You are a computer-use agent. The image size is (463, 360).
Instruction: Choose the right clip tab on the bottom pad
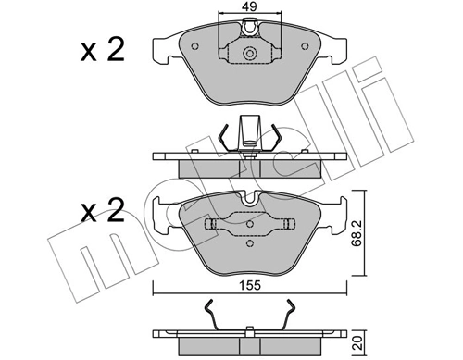pos(287,224)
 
